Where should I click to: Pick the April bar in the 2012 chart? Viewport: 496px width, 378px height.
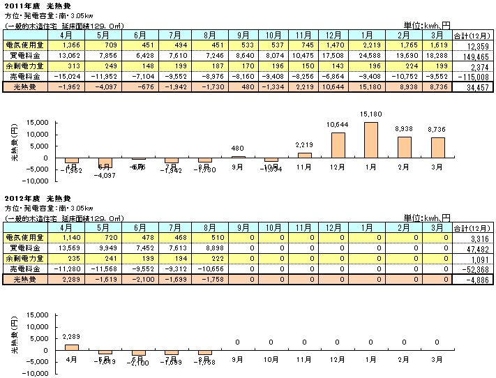(x=70, y=347)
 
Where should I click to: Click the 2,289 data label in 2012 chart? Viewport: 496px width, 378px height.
(x=70, y=338)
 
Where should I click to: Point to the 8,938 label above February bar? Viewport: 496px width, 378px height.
(x=405, y=130)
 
